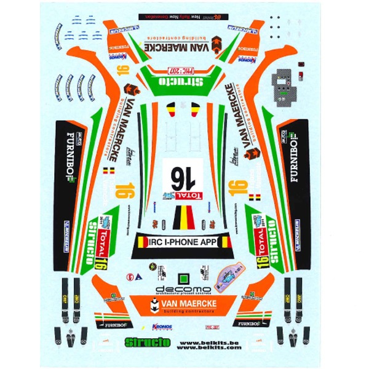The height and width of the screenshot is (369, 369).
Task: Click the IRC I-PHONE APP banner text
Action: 184,242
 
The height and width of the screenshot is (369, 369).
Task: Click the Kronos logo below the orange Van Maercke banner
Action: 158,328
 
